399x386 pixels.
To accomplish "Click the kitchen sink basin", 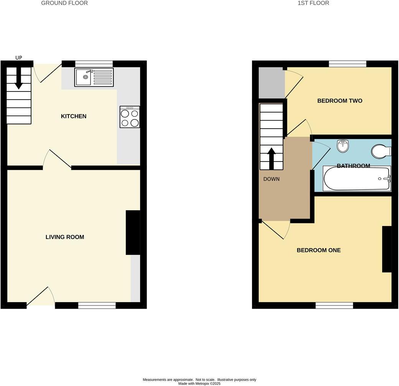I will coord(84,79).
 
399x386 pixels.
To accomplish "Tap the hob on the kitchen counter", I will coord(130,117).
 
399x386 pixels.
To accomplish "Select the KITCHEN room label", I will coord(74,116).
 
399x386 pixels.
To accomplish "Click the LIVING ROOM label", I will coord(65,237).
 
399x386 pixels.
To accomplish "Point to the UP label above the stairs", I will coord(19,58).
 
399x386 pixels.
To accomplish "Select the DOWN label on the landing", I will coord(271,179).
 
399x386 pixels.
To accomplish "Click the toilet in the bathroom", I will coord(381,151).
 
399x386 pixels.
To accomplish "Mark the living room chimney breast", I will coord(133,232).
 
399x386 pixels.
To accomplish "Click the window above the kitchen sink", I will coord(94,64).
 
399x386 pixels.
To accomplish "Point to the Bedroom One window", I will coord(334,305).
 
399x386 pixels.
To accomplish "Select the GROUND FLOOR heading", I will coord(64,3).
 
